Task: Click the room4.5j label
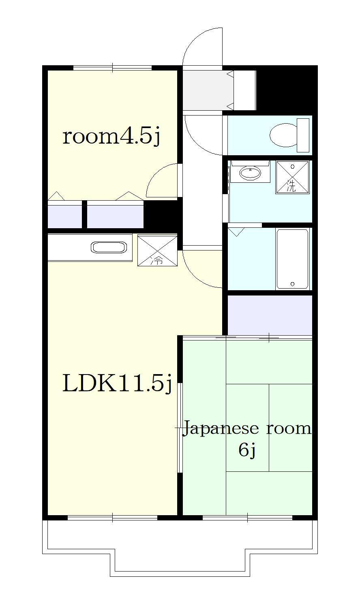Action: coord(111,137)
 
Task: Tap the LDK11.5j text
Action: coord(117,383)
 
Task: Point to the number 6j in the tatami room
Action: coord(247,450)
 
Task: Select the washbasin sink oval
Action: coord(250,173)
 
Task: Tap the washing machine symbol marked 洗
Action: coord(292,177)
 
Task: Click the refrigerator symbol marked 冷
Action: coord(157,250)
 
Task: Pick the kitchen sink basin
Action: coord(109,248)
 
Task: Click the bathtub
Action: coord(292,259)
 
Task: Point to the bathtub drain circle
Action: coord(292,284)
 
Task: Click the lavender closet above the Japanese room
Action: coord(270,315)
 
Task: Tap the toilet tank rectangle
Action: coord(303,135)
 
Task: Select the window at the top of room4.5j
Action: coord(112,68)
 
